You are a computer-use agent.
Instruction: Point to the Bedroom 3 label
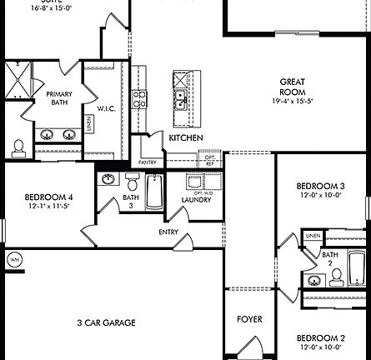pyautogui.click(x=321, y=186)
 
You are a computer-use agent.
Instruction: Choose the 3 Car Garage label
pyautogui.click(x=106, y=322)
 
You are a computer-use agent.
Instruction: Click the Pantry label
pyautogui.click(x=147, y=162)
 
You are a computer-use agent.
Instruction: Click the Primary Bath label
pyautogui.click(x=59, y=98)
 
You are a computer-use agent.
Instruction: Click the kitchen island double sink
pyautogui.click(x=180, y=100)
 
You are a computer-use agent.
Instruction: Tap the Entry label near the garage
pyautogui.click(x=168, y=232)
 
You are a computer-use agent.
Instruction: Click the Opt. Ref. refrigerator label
pyautogui.click(x=209, y=158)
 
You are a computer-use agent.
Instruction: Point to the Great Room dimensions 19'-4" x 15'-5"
pyautogui.click(x=292, y=100)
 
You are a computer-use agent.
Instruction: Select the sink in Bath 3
pyautogui.click(x=108, y=179)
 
